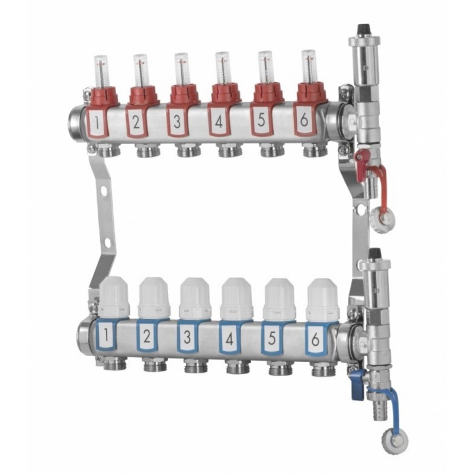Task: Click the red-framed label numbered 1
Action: (x=97, y=123)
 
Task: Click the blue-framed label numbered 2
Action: (x=147, y=337)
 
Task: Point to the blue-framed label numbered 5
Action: (x=272, y=338)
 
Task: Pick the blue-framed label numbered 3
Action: (x=188, y=337)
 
